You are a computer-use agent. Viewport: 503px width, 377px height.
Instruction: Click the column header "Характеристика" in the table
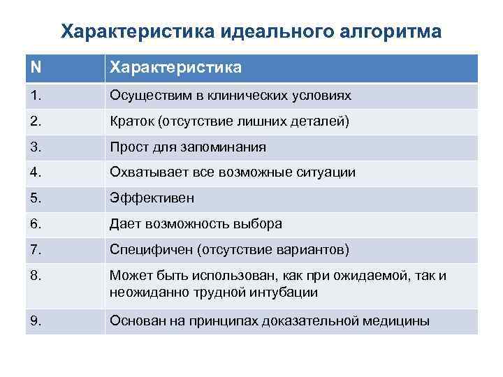pyautogui.click(x=175, y=68)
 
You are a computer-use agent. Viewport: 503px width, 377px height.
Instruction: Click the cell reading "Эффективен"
pyautogui.click(x=152, y=198)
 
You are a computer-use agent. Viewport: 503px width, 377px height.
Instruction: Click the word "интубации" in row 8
pyautogui.click(x=287, y=293)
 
